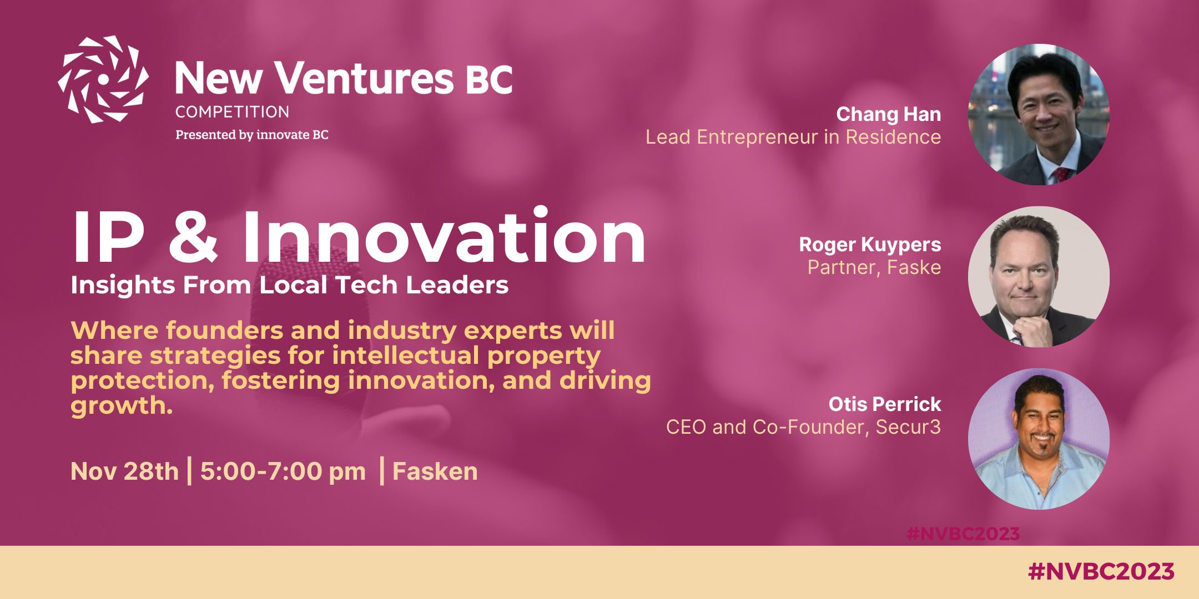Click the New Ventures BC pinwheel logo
pyautogui.click(x=103, y=79)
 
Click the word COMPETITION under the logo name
pyautogui.click(x=232, y=112)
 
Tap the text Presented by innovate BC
pyautogui.click(x=252, y=135)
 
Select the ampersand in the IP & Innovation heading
pyautogui.click(x=193, y=237)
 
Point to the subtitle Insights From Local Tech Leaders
pyautogui.click(x=289, y=285)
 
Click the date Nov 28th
pyautogui.click(x=125, y=471)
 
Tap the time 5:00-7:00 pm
pyautogui.click(x=283, y=472)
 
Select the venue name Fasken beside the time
pyautogui.click(x=435, y=471)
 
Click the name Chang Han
pyautogui.click(x=889, y=115)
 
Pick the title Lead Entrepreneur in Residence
pyautogui.click(x=793, y=137)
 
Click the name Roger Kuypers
pyautogui.click(x=870, y=245)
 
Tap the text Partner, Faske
pyautogui.click(x=874, y=267)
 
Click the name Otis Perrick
pyautogui.click(x=885, y=404)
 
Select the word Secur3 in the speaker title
pyautogui.click(x=908, y=427)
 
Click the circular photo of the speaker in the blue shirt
pyautogui.click(x=1039, y=439)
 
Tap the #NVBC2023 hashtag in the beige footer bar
pyautogui.click(x=1101, y=572)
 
